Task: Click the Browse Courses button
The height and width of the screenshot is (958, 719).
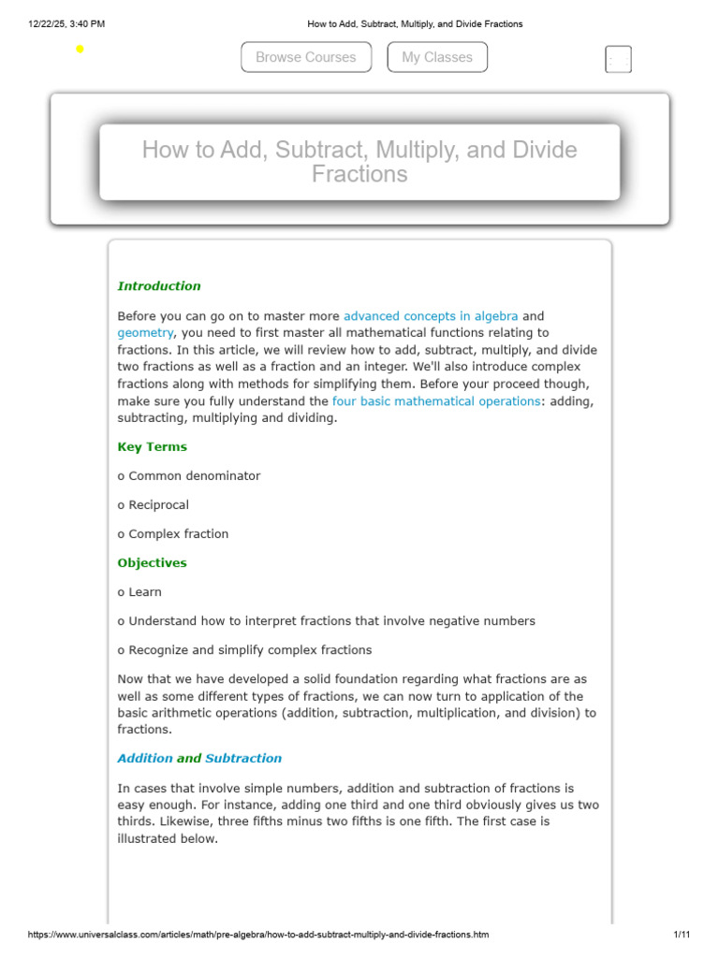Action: coord(305,57)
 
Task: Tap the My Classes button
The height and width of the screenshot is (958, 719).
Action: coord(437,57)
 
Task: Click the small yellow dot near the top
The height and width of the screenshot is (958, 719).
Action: coord(80,49)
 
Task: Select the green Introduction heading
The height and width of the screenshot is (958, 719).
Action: coord(159,286)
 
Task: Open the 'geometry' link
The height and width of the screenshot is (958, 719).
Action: coord(145,333)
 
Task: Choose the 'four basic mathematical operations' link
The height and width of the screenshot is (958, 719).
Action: coord(436,401)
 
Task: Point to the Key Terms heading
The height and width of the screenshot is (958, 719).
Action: coord(152,447)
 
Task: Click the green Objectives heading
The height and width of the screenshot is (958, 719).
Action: coord(152,563)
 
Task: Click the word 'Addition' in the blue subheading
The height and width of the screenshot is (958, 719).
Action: coord(145,759)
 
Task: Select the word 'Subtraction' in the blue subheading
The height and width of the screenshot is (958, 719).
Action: coord(243,759)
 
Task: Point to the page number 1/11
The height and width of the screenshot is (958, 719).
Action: coord(682,935)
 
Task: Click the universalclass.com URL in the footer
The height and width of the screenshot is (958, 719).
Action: coord(258,935)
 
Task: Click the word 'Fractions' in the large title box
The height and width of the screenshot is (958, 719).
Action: coord(359,175)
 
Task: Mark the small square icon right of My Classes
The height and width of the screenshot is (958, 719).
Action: coord(618,59)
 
